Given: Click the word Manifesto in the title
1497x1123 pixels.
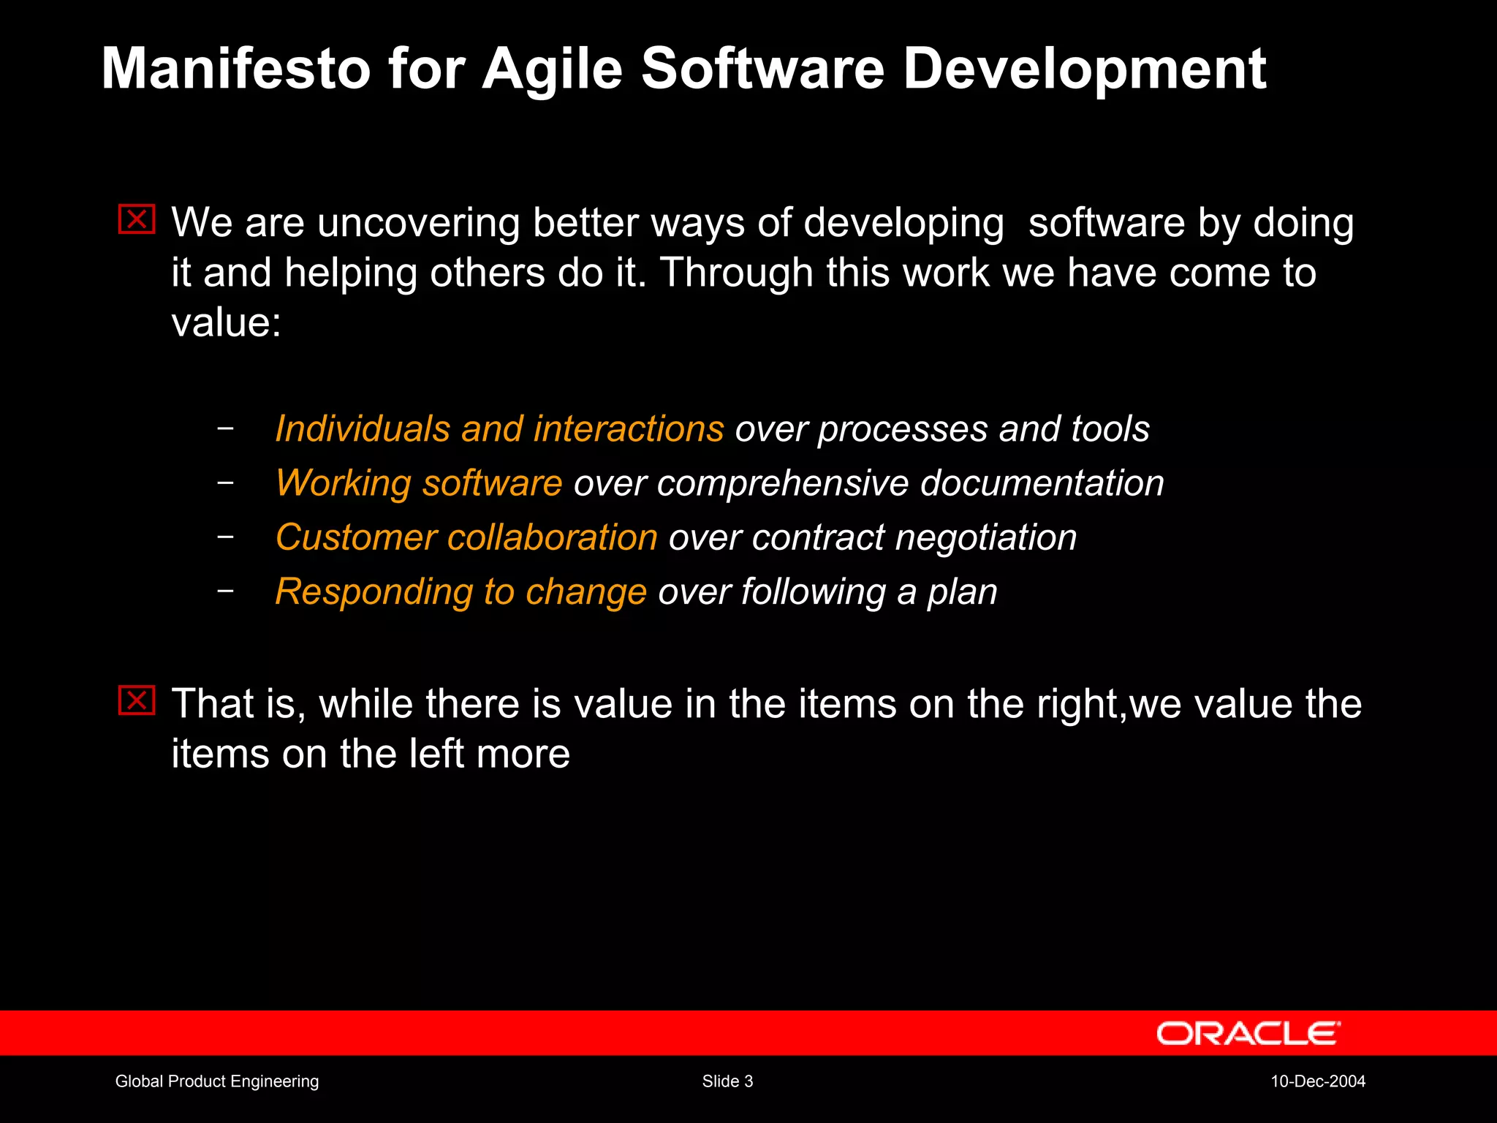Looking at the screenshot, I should coord(235,69).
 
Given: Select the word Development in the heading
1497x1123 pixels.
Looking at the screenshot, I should coord(1084,70).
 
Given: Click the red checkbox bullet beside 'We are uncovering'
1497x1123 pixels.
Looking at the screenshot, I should coord(137,219).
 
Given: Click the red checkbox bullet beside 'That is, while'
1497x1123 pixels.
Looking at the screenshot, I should coord(137,700).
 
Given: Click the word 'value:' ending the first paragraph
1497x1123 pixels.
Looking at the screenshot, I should coord(226,322).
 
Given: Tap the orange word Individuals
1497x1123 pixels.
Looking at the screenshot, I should coord(362,428).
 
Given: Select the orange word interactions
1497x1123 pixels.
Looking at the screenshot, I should coord(629,428).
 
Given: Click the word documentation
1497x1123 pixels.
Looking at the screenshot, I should coord(1042,483).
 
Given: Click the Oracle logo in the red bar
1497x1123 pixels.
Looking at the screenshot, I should coord(1248,1033).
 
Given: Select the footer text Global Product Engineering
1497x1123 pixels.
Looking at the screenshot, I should coord(217,1081).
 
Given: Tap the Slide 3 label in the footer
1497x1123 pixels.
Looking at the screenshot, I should coord(727,1081).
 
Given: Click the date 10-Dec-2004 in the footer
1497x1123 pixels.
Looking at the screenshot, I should coord(1317,1081).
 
